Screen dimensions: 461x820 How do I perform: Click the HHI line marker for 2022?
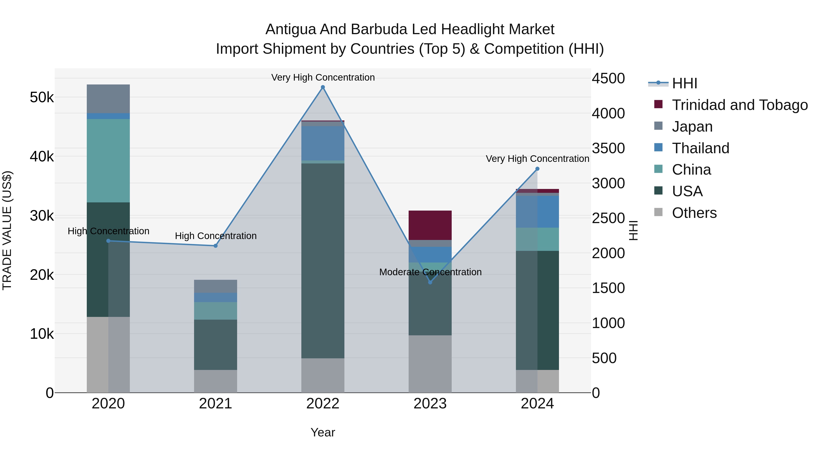[x=323, y=87]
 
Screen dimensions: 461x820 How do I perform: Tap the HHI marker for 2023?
[x=430, y=282]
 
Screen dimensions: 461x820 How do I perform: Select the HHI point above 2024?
[x=537, y=169]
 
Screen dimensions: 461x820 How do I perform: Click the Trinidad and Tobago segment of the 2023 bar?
[x=430, y=225]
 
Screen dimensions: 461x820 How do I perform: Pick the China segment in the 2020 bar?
[x=108, y=161]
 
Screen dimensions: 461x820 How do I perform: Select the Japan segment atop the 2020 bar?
[x=108, y=99]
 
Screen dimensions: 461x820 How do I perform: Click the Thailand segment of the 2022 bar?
[x=323, y=143]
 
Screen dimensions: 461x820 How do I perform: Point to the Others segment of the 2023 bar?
[x=430, y=364]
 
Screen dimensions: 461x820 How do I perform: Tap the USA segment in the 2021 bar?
[x=215, y=345]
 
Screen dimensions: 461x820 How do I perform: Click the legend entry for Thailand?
[x=700, y=148]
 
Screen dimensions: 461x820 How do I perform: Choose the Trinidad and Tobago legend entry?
[x=739, y=105]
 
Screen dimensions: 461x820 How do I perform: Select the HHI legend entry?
[x=684, y=83]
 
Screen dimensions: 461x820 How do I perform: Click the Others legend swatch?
[x=658, y=212]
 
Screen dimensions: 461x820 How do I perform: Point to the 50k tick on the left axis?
[x=42, y=97]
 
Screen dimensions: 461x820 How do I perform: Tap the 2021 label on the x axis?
[x=215, y=404]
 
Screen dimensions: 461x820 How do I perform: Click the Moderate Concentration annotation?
[x=430, y=272]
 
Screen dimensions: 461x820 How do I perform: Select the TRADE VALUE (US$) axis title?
[x=7, y=230]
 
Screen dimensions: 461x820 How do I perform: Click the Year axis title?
[x=323, y=432]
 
